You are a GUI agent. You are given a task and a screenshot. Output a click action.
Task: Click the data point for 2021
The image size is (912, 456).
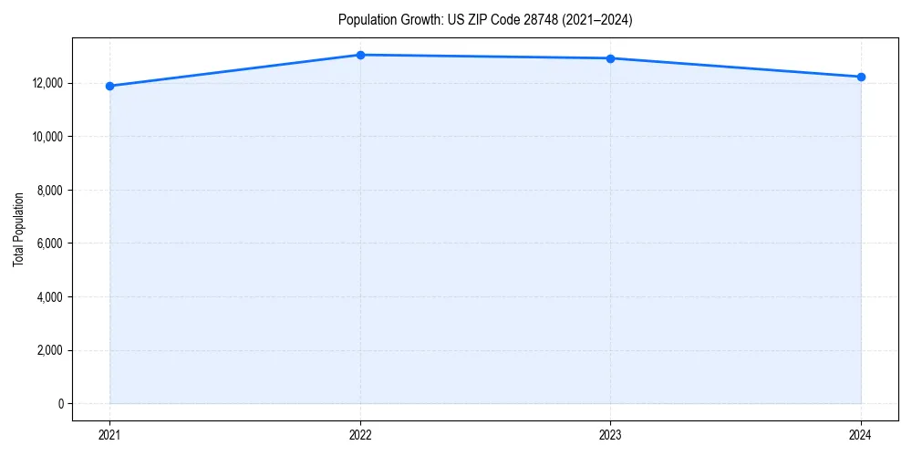point(109,86)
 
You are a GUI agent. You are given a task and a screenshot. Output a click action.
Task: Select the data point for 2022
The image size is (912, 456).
point(360,55)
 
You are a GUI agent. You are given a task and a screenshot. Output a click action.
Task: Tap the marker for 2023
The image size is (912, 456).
point(610,58)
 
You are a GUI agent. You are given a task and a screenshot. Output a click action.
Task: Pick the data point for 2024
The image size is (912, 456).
point(861,77)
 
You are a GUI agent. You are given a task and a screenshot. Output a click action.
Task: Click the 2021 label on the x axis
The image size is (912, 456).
point(109,434)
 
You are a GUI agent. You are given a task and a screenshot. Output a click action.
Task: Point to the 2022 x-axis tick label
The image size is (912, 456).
point(360,434)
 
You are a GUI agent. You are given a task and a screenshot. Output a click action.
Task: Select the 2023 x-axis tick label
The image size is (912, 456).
point(610,434)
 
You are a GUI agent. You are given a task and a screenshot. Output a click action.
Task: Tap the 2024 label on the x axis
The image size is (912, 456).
point(861,434)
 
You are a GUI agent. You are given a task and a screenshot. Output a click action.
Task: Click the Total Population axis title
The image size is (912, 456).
point(18,229)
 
